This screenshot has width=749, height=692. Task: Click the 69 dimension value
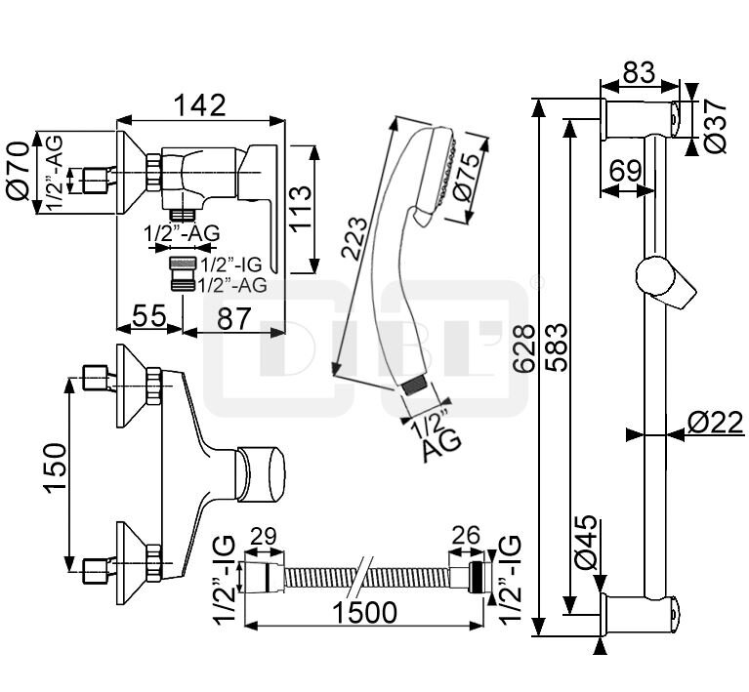point(626,169)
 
